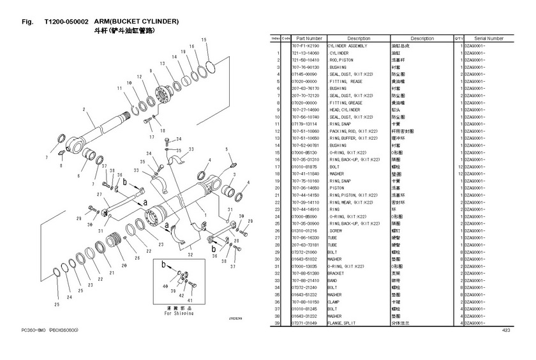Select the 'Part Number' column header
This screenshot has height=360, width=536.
coord(309,38)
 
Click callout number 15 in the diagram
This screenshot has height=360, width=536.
coord(204,40)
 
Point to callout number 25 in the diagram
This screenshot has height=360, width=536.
coord(56,304)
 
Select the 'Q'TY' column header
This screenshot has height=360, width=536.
coord(458,38)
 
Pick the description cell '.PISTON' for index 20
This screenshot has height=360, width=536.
coord(339,188)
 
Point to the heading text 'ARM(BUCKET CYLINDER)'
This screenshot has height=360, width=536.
coord(136,22)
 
